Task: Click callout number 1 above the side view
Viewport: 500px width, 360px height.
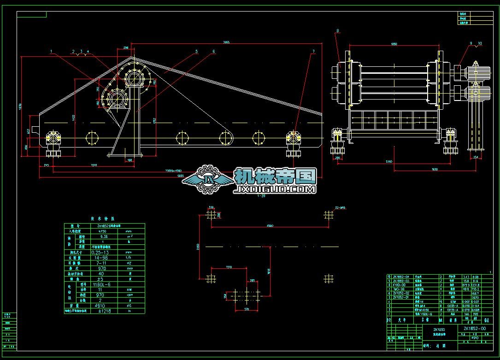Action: (x=52, y=51)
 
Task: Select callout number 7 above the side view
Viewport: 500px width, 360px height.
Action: (x=314, y=51)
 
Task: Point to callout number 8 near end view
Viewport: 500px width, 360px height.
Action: (x=338, y=31)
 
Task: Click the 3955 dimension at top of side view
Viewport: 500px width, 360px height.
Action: (x=226, y=42)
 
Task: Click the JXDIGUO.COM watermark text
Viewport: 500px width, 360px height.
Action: (x=275, y=189)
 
